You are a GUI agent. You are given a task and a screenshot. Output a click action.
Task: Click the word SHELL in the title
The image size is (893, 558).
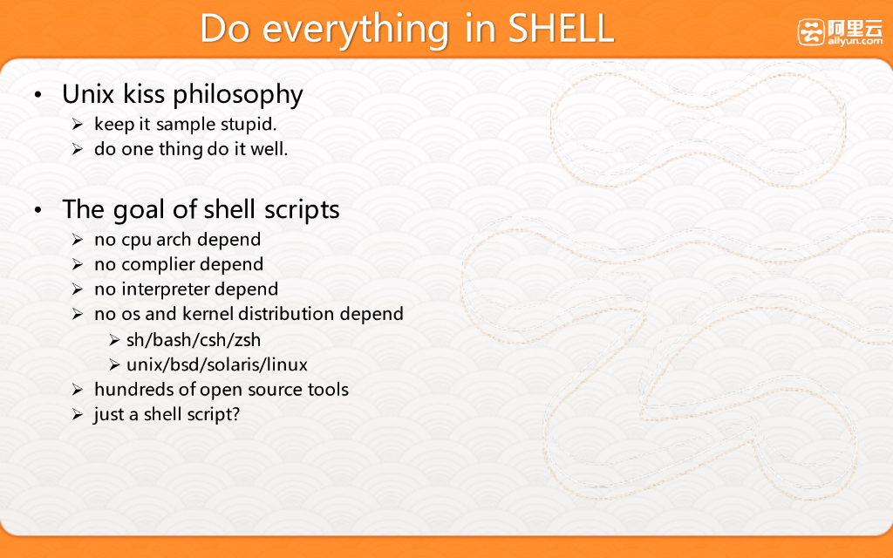[x=561, y=29]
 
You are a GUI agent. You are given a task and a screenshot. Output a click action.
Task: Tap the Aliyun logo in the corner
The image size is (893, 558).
[x=840, y=32]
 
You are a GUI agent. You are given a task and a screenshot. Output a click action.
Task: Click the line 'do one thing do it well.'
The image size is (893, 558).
[x=191, y=149]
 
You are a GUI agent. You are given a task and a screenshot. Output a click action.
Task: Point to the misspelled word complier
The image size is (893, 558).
[x=158, y=265]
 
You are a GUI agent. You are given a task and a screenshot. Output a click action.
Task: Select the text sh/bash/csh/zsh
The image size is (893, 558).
[x=194, y=340]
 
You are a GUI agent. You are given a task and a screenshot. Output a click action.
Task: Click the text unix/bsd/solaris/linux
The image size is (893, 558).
[x=217, y=364]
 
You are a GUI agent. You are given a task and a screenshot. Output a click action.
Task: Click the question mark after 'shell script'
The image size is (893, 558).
[x=235, y=414]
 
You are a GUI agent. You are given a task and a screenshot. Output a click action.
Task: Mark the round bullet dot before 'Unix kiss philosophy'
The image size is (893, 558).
[x=37, y=94]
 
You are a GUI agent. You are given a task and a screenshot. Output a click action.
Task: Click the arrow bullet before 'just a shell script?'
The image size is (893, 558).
[x=78, y=414]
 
